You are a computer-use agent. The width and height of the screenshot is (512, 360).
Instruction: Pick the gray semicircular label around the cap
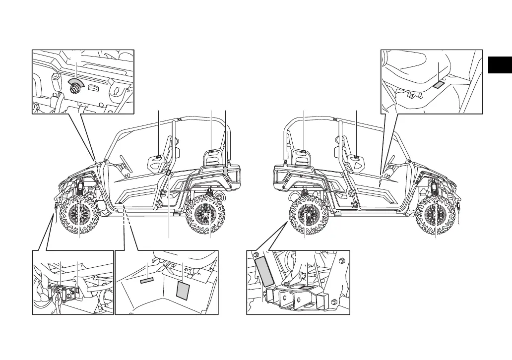point(76,81)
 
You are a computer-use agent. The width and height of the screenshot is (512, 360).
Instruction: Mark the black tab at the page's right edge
point(500,65)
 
